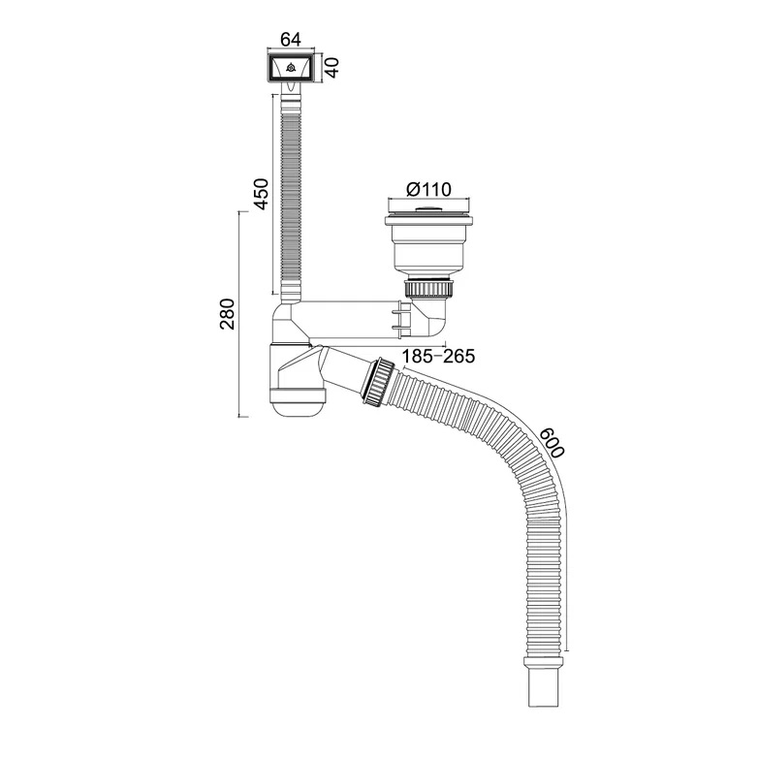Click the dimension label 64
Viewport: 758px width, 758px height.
click(291, 39)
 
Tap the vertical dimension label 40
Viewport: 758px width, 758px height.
click(332, 67)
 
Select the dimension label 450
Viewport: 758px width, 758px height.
click(261, 194)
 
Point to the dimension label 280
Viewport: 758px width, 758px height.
click(227, 314)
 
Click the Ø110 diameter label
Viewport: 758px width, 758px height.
click(428, 189)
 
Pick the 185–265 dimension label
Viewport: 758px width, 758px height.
click(438, 357)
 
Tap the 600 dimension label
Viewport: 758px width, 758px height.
click(552, 443)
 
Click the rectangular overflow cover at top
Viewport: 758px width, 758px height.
click(291, 68)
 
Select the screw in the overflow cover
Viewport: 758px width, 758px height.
click(291, 68)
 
